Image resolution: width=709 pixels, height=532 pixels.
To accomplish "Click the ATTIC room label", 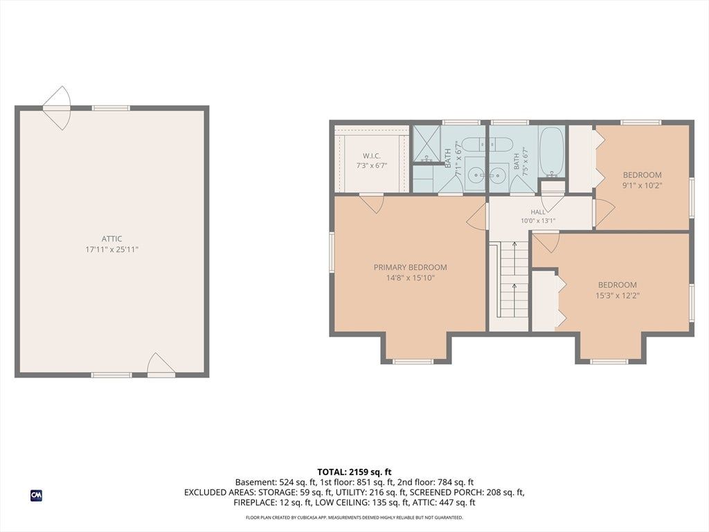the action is [x=111, y=239].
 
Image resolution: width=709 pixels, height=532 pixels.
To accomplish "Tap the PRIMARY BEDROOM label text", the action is [x=410, y=267].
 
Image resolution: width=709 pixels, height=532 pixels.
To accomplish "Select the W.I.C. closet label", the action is [x=371, y=156].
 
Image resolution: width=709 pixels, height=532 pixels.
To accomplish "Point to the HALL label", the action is [x=538, y=212].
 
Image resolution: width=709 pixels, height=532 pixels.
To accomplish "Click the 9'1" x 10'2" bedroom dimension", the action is [x=642, y=185].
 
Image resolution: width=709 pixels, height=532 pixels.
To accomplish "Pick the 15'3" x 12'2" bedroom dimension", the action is [x=617, y=296].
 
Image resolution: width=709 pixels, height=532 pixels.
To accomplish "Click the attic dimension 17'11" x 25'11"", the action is [x=111, y=249].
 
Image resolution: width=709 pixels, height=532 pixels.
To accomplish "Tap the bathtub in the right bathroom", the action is [x=552, y=152].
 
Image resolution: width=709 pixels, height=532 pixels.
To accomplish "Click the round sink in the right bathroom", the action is [x=498, y=175].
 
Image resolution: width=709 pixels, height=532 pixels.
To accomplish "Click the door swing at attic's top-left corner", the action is [x=57, y=108].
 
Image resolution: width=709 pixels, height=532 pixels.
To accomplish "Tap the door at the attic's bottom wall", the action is [x=160, y=366].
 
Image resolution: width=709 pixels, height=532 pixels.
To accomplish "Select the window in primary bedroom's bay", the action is [x=413, y=361].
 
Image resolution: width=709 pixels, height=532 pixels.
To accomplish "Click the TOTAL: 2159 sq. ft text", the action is [x=354, y=472].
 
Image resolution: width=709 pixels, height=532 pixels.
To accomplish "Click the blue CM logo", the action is [x=36, y=496].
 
